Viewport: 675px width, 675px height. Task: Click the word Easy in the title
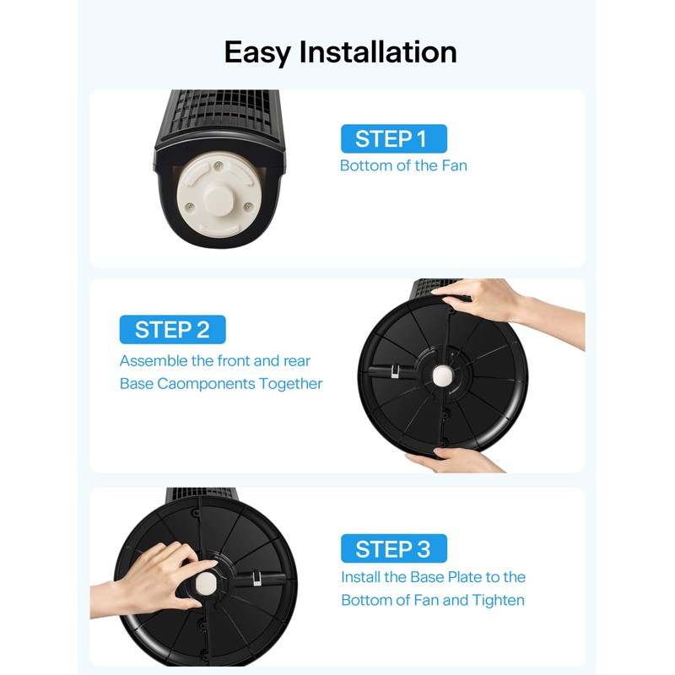259,52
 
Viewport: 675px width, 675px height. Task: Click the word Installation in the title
378,52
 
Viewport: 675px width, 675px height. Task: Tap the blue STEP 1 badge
393,138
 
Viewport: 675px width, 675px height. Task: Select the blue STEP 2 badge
172,329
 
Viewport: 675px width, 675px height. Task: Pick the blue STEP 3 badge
393,549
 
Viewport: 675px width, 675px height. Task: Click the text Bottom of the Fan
403,165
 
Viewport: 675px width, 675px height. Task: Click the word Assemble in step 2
153,361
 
